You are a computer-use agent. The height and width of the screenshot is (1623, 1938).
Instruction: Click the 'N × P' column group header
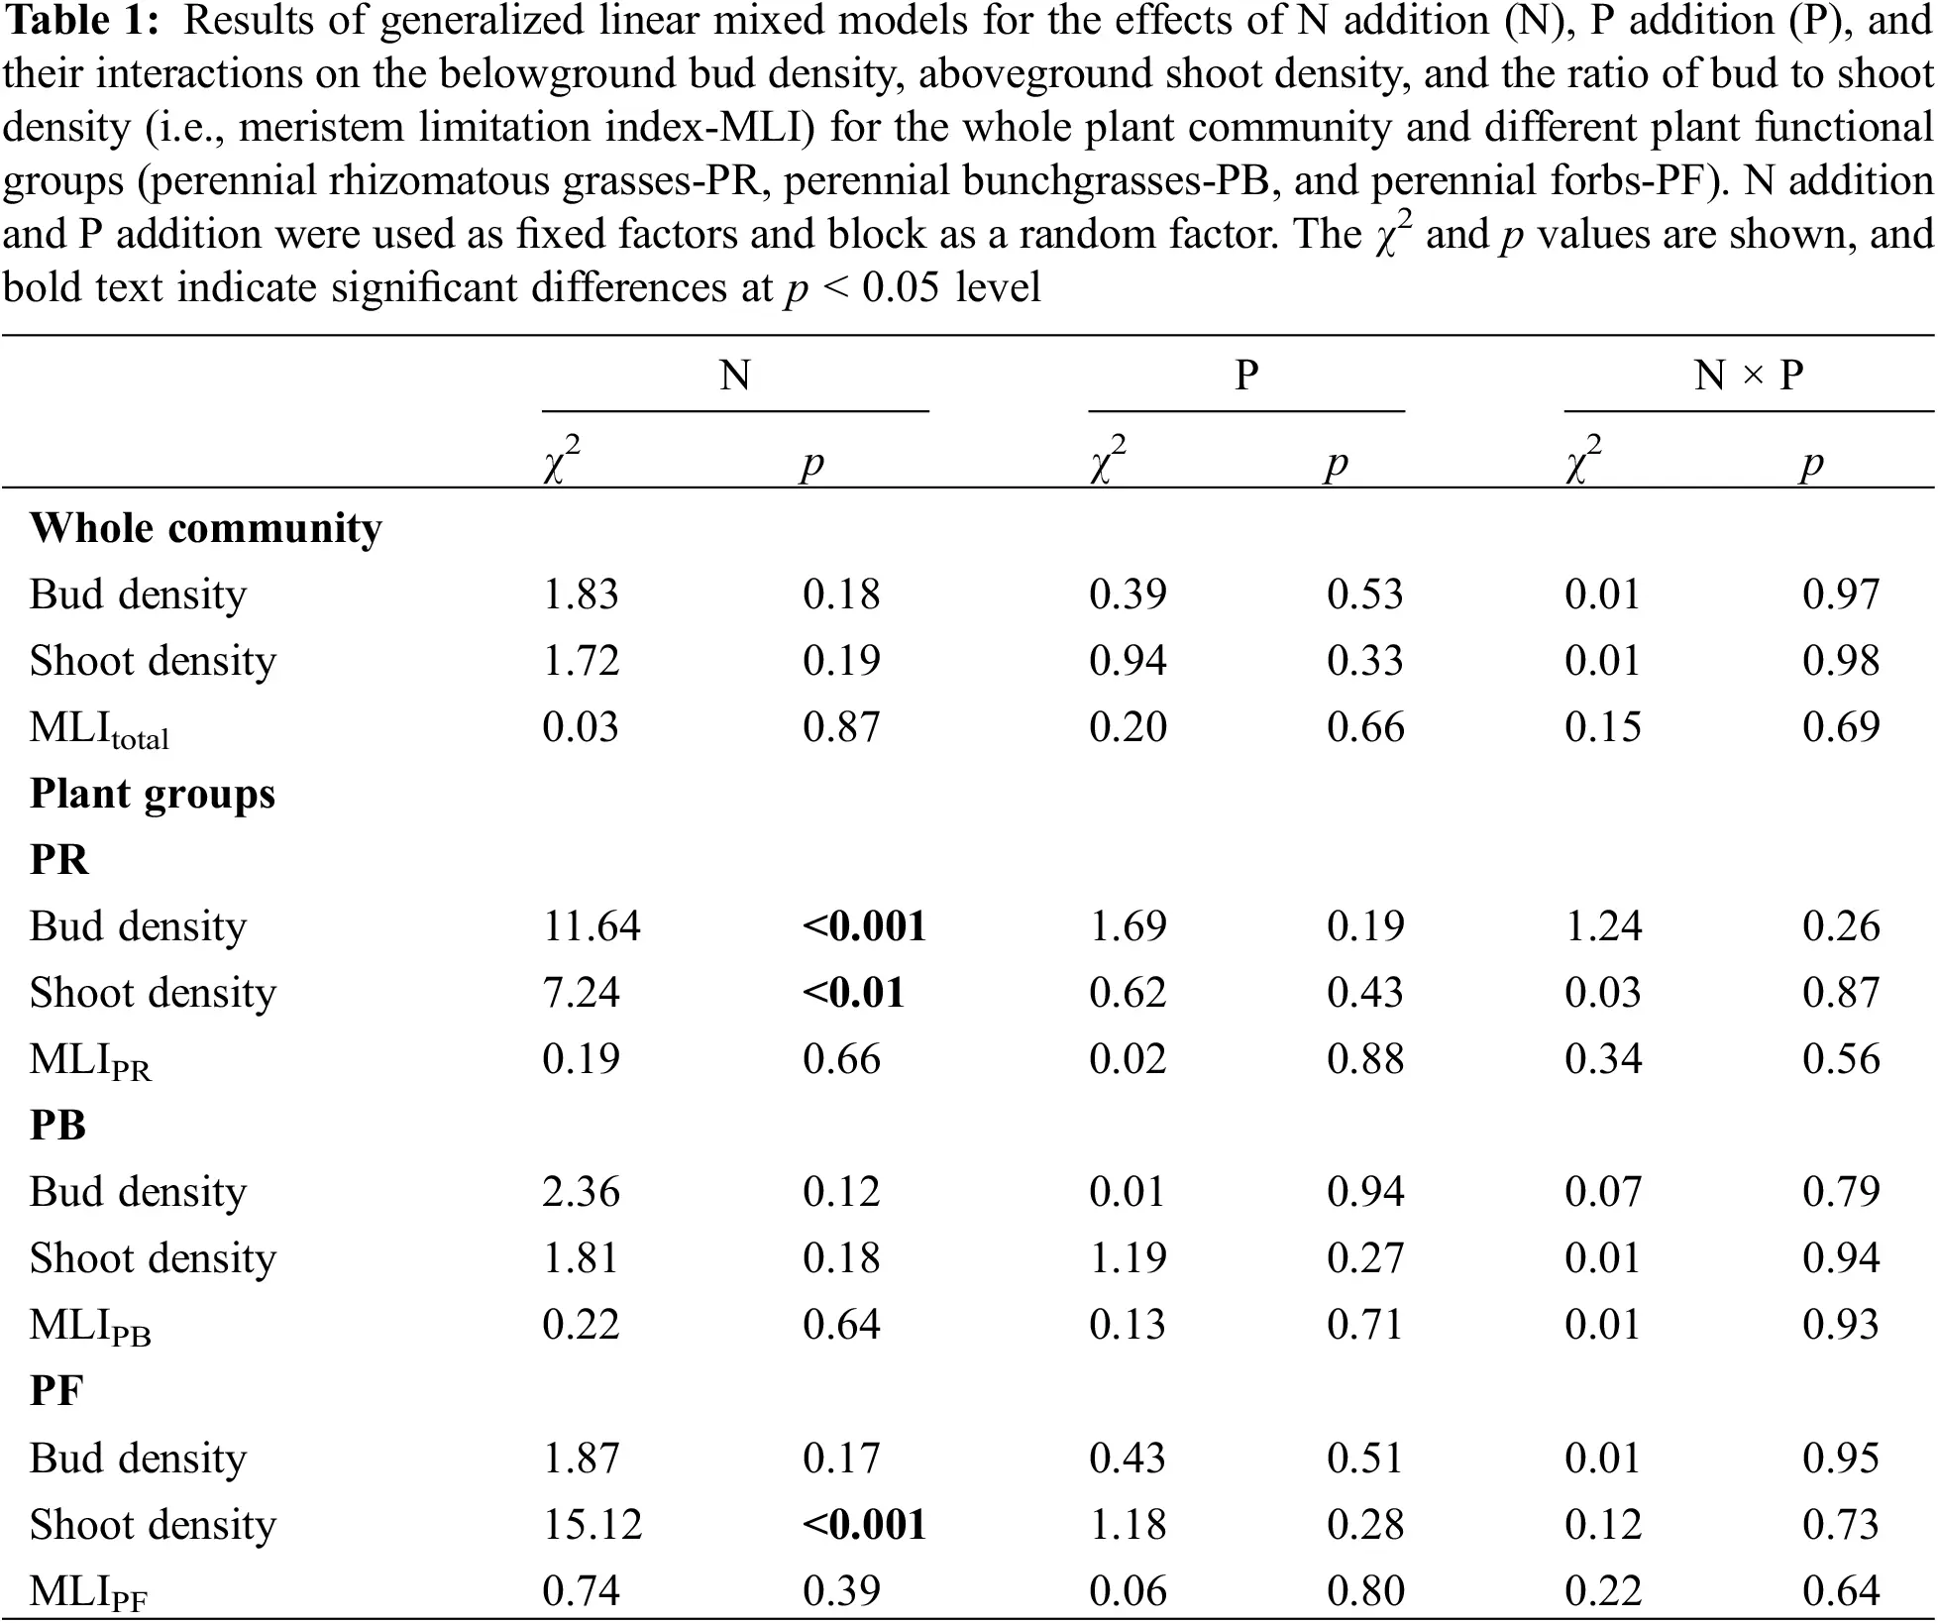point(1748,376)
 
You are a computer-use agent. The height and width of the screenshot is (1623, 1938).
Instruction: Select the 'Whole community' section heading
point(205,528)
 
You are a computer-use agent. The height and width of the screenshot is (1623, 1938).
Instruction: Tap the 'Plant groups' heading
point(153,794)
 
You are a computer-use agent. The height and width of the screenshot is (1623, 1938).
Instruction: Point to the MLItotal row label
point(99,728)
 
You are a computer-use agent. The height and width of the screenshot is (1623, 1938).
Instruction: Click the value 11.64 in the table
point(591,926)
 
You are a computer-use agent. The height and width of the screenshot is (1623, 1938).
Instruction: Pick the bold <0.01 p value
point(853,993)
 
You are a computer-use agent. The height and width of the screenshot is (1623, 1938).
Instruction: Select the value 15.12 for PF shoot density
point(592,1525)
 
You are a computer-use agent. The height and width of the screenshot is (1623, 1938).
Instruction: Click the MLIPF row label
point(89,1592)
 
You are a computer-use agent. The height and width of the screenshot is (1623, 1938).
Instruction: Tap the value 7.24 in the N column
point(581,993)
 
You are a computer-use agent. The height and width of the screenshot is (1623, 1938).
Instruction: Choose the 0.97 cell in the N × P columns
point(1840,595)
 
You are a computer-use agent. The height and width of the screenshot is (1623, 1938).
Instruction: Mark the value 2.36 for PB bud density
point(581,1192)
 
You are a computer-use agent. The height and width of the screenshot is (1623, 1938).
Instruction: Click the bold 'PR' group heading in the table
point(58,860)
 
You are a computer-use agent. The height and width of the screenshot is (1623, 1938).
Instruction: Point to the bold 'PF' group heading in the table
point(56,1391)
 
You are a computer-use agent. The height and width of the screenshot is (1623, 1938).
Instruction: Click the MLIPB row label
point(90,1326)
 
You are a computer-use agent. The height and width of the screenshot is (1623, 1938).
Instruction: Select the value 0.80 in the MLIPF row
point(1365,1591)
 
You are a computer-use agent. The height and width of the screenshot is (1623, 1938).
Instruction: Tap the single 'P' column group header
point(1246,376)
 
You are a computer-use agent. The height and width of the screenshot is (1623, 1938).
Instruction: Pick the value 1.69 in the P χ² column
point(1127,926)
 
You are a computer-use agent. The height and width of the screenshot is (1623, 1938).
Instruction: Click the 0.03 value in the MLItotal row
point(580,727)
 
